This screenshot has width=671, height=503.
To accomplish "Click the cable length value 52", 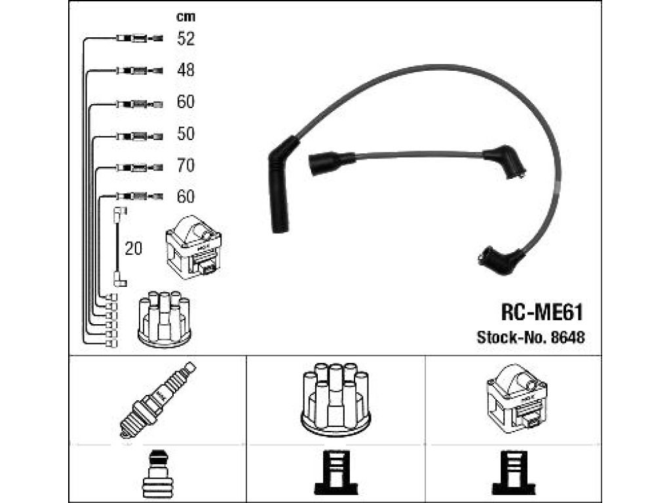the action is point(185,39).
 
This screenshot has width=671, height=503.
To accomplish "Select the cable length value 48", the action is point(185,69).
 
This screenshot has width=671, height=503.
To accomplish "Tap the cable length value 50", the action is point(185,134).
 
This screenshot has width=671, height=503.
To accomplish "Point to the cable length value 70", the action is point(185,165).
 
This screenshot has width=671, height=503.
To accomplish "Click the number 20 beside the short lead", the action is point(133,248).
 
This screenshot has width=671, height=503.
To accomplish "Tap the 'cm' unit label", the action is point(185,16).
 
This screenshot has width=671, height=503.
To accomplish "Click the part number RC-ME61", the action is point(542,312).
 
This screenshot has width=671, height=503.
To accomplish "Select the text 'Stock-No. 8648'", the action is point(531,337).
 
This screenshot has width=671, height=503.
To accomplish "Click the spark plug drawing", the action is point(157,400).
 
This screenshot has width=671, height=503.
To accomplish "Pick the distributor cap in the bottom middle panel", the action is point(336,400).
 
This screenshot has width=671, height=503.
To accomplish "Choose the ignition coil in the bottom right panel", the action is point(516,399).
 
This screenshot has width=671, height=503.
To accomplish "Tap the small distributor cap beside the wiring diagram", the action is point(164,318).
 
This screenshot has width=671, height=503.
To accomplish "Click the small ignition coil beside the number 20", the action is point(193,248).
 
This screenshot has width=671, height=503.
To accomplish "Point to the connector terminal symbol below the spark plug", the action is point(157,474).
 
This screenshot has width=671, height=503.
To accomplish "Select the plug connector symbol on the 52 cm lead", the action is point(140,39).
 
